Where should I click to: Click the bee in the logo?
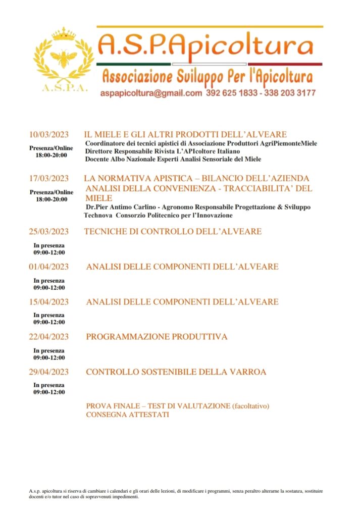(63, 59)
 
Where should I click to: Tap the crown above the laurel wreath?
(64, 35)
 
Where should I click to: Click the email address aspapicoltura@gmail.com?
(151, 93)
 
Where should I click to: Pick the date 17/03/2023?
(48, 179)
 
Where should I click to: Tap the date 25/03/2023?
(48, 232)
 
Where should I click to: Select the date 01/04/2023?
(48, 267)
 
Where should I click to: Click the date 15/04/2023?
(48, 302)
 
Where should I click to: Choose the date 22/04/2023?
(48, 337)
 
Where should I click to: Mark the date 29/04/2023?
(48, 372)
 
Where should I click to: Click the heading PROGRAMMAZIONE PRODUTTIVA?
(157, 337)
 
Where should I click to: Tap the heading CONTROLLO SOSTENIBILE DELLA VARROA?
(176, 372)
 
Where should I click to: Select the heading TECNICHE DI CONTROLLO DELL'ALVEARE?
(173, 232)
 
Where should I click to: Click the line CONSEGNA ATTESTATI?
(127, 415)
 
